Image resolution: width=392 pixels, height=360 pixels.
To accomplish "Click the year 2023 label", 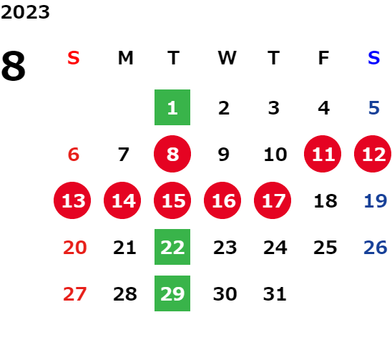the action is [25, 12].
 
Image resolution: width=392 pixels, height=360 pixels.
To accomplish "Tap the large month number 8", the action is [14, 66].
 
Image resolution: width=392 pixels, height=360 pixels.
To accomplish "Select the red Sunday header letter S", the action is [74, 58].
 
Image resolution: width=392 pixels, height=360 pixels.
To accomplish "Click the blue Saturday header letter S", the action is [373, 58].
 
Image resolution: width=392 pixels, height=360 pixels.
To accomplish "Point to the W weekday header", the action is [227, 58].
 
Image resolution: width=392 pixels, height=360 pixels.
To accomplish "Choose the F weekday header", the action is [323, 58].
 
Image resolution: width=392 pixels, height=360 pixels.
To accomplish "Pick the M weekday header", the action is [125, 58].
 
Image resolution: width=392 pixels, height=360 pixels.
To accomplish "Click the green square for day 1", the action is [172, 107].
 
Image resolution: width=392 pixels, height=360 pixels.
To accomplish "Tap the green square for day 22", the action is [172, 247].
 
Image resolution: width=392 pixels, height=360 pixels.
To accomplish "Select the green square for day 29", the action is [172, 293].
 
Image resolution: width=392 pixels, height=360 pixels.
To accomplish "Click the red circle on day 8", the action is [172, 154].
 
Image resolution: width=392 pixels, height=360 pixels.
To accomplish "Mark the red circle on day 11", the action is [323, 154].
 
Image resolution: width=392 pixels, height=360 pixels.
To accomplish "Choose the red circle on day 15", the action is [172, 200].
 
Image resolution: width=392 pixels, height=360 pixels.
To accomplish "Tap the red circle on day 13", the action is [72, 200].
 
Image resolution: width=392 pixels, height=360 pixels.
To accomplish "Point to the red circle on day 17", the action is [273, 200].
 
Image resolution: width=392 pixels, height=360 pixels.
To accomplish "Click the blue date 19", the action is [376, 200].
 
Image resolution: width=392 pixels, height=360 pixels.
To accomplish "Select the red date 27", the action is [74, 293].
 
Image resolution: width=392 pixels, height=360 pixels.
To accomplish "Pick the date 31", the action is [275, 293].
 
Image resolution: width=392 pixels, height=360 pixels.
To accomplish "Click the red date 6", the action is [74, 154].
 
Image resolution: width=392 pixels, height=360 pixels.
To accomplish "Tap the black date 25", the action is [325, 247].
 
